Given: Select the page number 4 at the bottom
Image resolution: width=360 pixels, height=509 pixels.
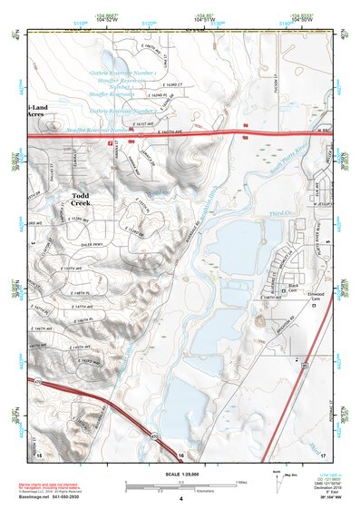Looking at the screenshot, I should point(180,498).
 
